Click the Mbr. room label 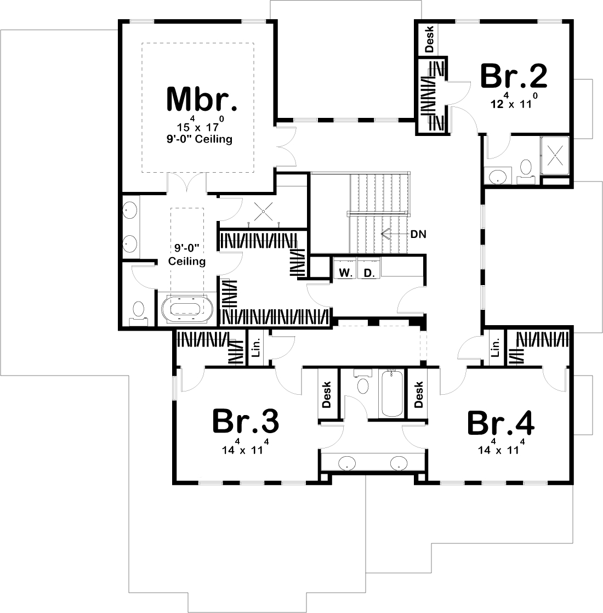(x=202, y=99)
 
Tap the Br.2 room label (x=514, y=76)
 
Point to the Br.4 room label (x=501, y=423)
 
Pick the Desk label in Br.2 (x=429, y=39)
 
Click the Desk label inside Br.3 (x=327, y=395)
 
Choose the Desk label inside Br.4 (x=419, y=395)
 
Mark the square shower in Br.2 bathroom (x=556, y=156)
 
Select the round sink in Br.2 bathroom (x=498, y=177)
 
